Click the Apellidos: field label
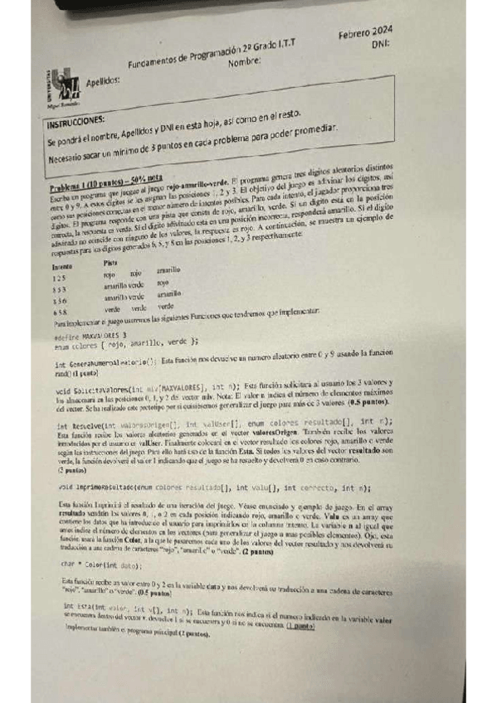point(103,81)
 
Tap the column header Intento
point(61,268)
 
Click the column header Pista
point(109,262)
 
